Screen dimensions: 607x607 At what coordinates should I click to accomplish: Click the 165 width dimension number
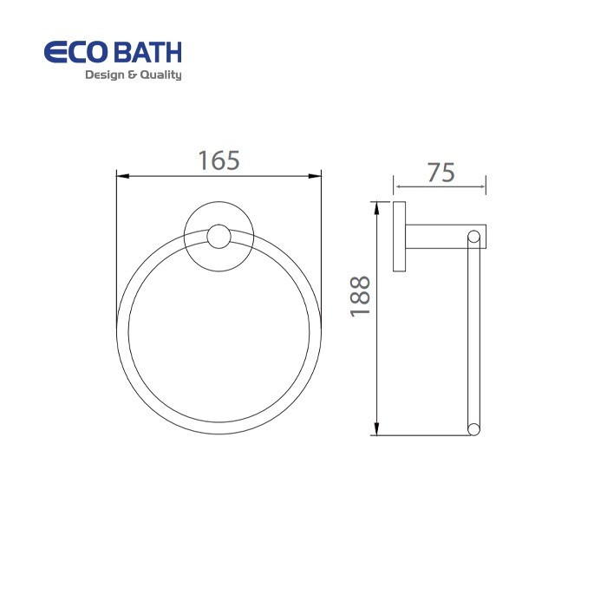[x=218, y=160]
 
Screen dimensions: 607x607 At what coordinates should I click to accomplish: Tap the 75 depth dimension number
[x=441, y=173]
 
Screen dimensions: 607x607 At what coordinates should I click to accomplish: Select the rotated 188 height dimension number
[x=361, y=296]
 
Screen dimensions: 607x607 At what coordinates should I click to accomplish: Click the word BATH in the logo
[x=148, y=52]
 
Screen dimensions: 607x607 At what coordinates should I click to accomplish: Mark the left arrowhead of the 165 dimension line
[x=122, y=177]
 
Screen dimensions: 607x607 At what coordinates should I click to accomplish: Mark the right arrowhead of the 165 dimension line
[x=316, y=177]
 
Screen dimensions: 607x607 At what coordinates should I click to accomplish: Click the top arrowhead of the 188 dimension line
[x=376, y=206]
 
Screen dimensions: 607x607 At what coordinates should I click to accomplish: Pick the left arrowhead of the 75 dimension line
[x=398, y=185]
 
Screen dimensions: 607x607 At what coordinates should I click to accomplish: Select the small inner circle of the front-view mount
[x=219, y=237]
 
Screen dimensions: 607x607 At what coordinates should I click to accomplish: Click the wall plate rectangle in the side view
[x=399, y=237]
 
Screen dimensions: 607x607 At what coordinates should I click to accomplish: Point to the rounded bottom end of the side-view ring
[x=473, y=429]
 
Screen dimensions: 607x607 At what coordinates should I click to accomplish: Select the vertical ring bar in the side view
[x=473, y=334]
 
